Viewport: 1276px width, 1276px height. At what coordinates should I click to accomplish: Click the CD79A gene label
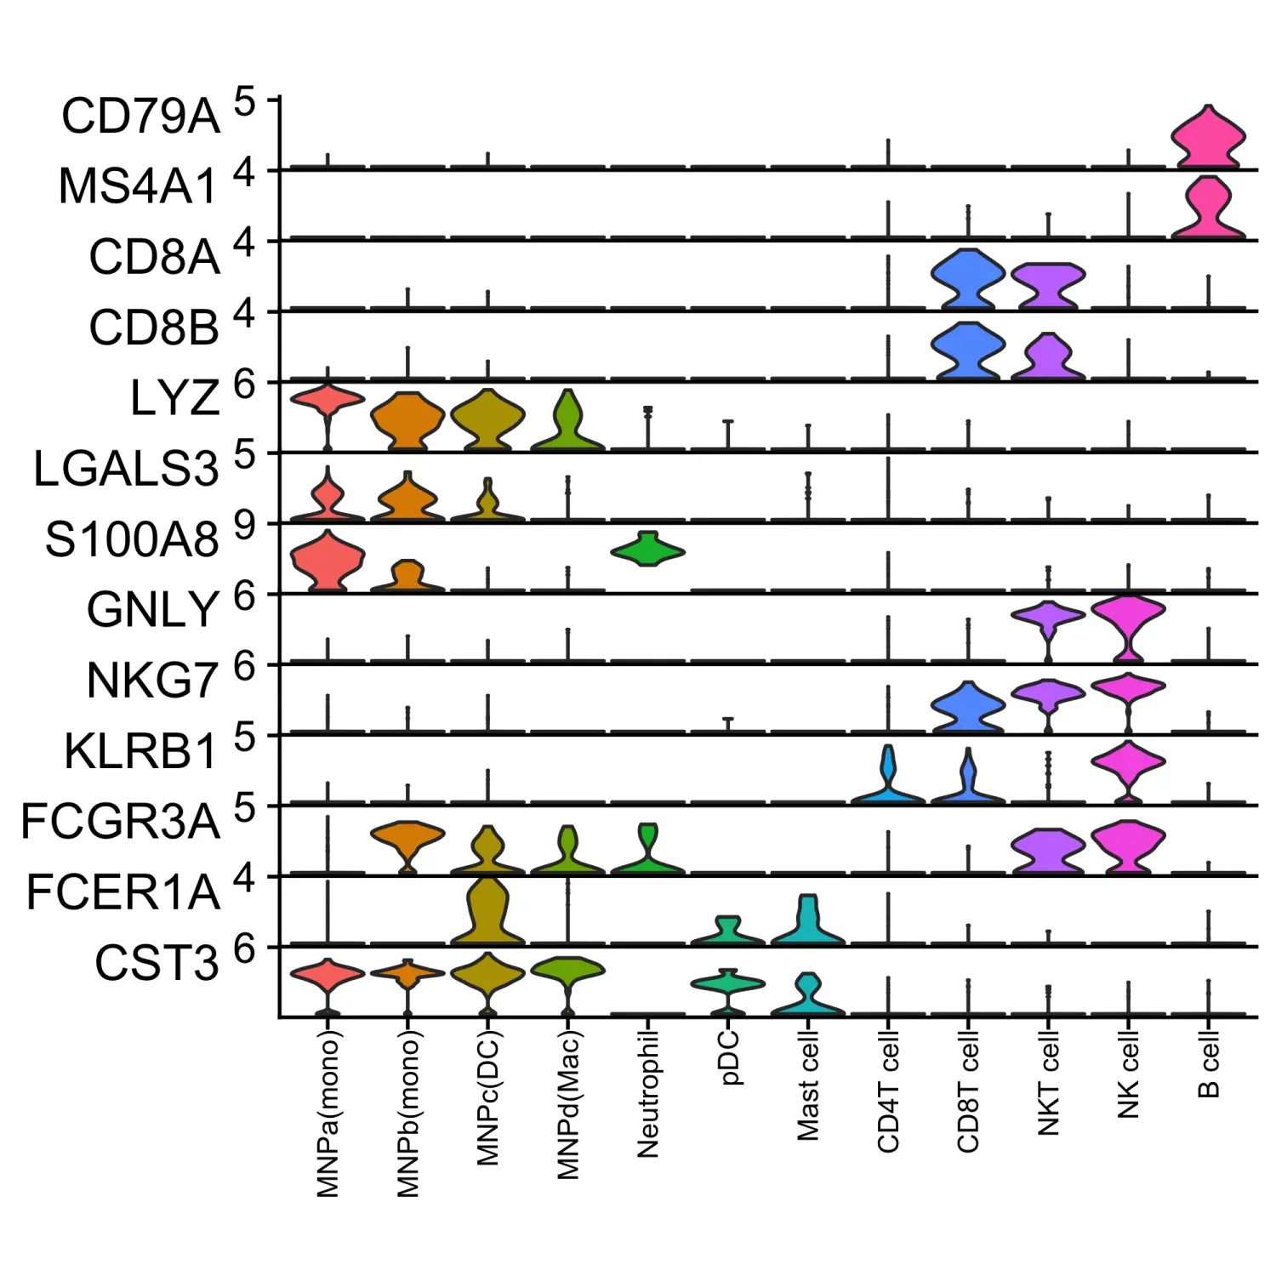(x=140, y=116)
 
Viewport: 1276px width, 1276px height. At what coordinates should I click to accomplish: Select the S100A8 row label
(x=132, y=539)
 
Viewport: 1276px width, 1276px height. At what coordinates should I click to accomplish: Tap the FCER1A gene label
(x=123, y=892)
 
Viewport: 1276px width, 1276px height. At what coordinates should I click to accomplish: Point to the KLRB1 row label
(x=141, y=751)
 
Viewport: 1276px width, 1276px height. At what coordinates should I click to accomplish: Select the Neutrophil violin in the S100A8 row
(x=647, y=550)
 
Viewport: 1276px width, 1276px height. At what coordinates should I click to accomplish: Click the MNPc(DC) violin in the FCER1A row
(x=487, y=912)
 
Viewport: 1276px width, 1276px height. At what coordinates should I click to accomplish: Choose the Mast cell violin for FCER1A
(x=807, y=920)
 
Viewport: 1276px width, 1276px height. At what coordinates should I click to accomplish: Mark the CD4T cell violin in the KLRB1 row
(x=888, y=778)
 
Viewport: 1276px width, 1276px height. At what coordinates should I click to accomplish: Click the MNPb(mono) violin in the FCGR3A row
(x=407, y=837)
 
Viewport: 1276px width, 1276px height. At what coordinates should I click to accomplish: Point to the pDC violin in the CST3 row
(x=727, y=984)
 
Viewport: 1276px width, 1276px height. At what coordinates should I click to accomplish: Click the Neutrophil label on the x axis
(x=647, y=1093)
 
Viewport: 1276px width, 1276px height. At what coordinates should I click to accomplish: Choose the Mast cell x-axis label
(x=807, y=1085)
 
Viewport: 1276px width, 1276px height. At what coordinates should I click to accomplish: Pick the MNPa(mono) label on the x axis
(x=328, y=1114)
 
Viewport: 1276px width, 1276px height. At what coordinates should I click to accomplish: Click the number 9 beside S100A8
(x=244, y=526)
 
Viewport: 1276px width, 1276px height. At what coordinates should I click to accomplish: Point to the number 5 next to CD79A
(x=244, y=102)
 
